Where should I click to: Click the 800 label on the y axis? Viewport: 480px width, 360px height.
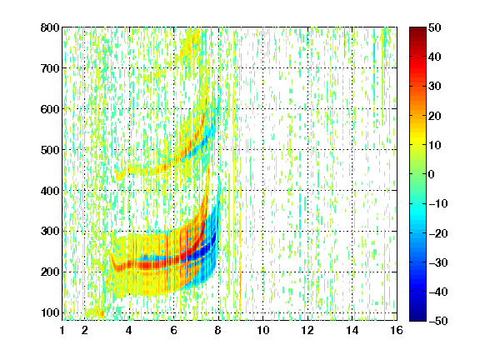coord(50,27)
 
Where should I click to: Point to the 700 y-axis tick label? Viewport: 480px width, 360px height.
coord(50,68)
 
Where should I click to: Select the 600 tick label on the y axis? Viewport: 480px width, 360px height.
coord(50,109)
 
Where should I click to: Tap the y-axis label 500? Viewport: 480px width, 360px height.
coord(50,150)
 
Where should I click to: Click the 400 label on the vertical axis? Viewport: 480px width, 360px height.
coord(50,191)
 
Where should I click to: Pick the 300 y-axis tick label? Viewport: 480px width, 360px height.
coord(50,232)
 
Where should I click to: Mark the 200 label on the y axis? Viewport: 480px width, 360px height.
coord(50,272)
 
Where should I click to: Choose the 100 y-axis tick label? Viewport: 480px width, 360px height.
coord(50,312)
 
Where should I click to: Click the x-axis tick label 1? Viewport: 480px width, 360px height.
coord(62,331)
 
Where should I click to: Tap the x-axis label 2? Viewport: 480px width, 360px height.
coord(85,331)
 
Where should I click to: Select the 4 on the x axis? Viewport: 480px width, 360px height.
coord(129,331)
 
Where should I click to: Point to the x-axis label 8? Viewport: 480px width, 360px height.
coord(218,331)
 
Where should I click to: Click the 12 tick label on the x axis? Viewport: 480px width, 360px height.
coord(307,331)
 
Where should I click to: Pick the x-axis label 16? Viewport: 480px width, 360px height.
coord(397,331)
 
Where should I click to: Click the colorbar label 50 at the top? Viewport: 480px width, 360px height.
coord(434,27)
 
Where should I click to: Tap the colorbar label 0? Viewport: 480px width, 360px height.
coord(432,174)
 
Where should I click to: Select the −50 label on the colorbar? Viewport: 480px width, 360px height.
coord(438,321)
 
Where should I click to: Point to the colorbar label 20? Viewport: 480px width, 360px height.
coord(434,116)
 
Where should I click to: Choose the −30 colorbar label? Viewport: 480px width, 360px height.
coord(438,262)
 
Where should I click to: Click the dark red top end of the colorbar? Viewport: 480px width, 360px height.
coord(417,30)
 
